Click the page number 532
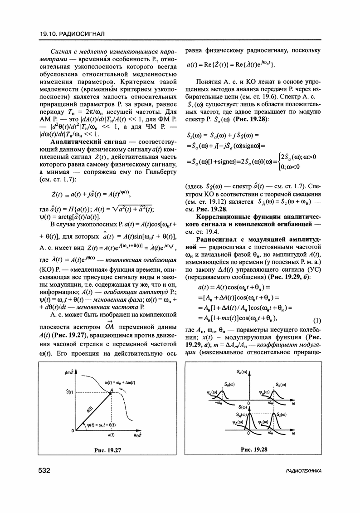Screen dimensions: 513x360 44,470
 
